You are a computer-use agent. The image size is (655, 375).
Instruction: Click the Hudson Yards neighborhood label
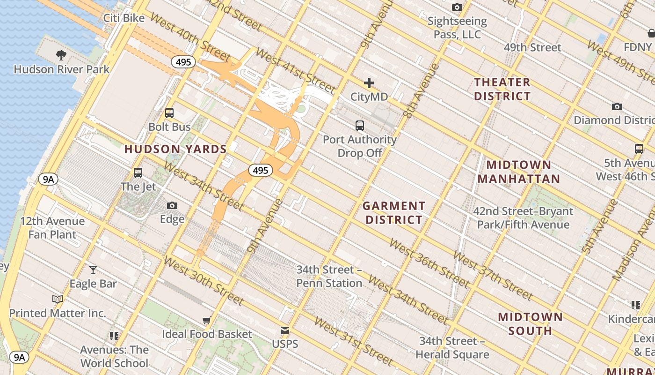(175, 150)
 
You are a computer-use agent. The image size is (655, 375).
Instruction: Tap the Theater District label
(502, 89)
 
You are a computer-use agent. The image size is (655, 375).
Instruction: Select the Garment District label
(394, 213)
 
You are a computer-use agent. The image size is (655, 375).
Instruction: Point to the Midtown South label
(530, 324)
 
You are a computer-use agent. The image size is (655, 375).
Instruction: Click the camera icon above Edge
(172, 205)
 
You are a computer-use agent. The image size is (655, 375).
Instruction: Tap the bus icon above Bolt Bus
(169, 113)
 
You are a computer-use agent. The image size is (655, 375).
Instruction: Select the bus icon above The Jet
(138, 173)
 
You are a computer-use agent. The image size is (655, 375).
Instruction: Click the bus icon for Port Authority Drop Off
(359, 126)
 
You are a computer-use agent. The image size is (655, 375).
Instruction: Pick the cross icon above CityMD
(369, 83)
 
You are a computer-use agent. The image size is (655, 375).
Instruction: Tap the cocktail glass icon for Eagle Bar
(93, 270)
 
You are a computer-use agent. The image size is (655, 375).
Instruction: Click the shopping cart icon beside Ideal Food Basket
(207, 321)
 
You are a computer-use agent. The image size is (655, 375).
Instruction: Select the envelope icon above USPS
(285, 330)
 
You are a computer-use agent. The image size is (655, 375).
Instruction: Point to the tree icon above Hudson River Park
(61, 55)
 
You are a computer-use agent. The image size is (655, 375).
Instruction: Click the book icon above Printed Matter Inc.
(58, 299)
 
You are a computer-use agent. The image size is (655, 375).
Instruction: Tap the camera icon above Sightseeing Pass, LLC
(457, 7)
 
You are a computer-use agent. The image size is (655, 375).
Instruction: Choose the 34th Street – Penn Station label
(329, 277)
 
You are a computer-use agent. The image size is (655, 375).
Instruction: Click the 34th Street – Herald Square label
(452, 347)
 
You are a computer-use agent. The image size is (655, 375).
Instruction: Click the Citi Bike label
(124, 18)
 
